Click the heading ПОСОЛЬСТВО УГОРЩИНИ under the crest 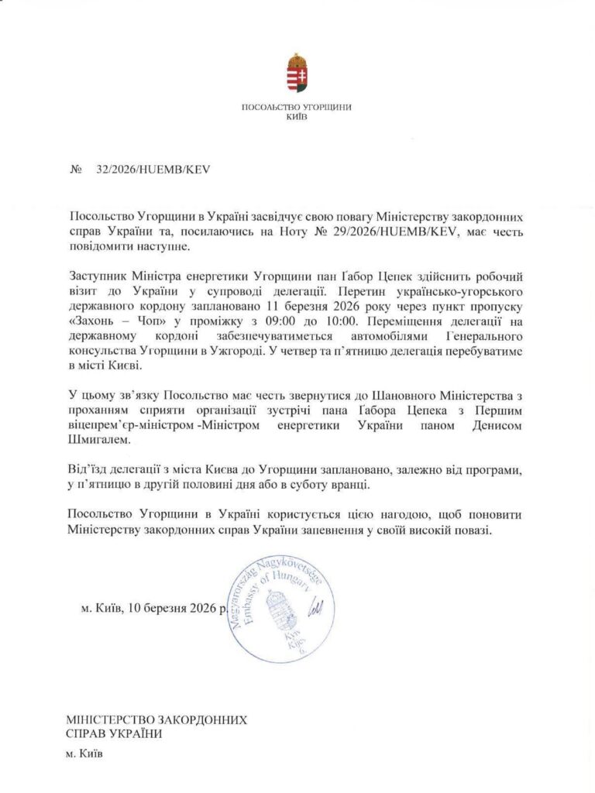[297, 107]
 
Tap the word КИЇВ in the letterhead [297, 116]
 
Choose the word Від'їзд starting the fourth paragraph [87, 469]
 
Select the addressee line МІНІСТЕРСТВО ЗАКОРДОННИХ [156, 719]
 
